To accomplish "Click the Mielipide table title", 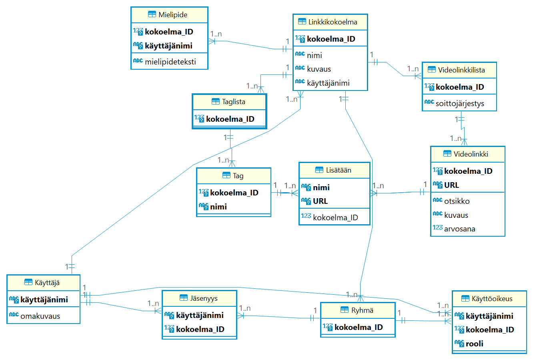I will [x=172, y=15].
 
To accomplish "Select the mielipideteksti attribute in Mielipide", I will [x=170, y=62].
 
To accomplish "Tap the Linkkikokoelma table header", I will [x=333, y=22].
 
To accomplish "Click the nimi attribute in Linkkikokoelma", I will [x=314, y=55].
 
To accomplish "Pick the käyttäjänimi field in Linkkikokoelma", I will [x=328, y=83].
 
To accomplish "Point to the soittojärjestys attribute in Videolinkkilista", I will [x=459, y=103].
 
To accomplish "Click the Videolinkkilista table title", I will [x=461, y=70].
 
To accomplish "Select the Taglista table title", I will [x=233, y=102].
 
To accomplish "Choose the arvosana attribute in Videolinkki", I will [x=459, y=229].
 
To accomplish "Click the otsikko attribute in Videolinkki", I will [x=457, y=201].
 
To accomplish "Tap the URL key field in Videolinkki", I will [x=451, y=185].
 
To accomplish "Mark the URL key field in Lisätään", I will [x=320, y=201].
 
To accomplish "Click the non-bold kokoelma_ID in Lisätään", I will [x=335, y=217].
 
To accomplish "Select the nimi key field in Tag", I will [x=218, y=207].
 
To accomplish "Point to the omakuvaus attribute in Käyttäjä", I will [x=40, y=316].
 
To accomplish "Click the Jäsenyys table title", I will [x=204, y=298].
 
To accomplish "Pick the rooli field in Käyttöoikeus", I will [x=474, y=344].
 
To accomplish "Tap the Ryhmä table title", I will [x=362, y=310].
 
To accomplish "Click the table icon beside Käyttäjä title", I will [x=28, y=282].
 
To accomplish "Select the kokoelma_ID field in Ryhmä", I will [x=358, y=327].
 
